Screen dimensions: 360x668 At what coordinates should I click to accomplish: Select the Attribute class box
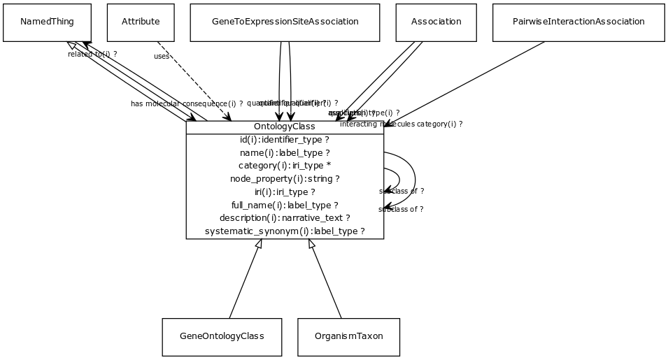click(141, 22)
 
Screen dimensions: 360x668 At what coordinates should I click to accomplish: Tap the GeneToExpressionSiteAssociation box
click(285, 22)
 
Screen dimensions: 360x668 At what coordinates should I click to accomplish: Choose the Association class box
click(436, 22)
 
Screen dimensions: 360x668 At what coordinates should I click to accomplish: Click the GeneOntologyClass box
click(222, 336)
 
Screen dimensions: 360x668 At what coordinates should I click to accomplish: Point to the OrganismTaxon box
click(348, 336)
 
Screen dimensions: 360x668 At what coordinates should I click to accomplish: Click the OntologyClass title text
click(284, 127)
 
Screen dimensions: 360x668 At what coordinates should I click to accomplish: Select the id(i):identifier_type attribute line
click(284, 140)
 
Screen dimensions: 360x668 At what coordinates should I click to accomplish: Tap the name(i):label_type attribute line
click(284, 152)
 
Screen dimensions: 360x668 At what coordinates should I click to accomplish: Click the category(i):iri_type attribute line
click(284, 166)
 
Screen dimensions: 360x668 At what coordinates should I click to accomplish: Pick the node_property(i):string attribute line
click(284, 178)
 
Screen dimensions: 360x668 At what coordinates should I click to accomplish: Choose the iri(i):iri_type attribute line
click(284, 192)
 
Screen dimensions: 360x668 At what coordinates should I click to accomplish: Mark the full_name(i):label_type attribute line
click(284, 205)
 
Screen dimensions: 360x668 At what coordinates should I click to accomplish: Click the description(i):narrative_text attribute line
click(284, 217)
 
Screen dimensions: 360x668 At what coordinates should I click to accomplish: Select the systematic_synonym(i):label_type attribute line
click(284, 231)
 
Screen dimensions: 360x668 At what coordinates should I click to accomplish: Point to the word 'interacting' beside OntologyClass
click(358, 124)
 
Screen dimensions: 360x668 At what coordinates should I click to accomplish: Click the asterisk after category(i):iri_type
click(329, 166)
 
